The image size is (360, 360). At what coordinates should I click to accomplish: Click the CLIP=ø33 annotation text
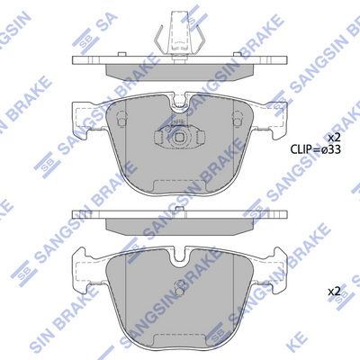(315, 149)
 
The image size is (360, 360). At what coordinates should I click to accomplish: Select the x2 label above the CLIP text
(334, 138)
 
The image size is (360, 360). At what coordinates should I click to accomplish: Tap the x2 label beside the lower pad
(334, 291)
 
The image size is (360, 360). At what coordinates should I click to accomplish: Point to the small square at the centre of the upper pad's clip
(179, 138)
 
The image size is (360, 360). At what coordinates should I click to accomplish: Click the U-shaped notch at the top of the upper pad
(180, 103)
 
